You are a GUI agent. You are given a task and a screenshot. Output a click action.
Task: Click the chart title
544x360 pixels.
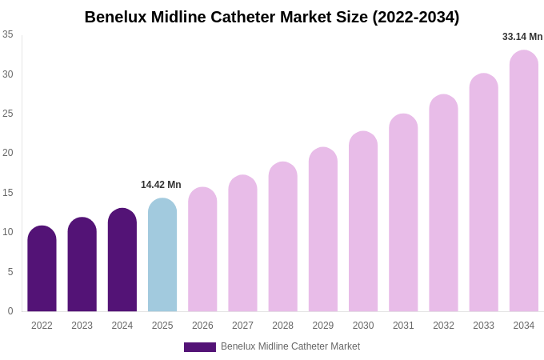tap(272, 17)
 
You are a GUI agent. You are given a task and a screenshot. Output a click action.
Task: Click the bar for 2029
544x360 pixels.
tap(323, 230)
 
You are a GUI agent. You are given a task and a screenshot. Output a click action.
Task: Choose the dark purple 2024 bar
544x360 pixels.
tap(122, 260)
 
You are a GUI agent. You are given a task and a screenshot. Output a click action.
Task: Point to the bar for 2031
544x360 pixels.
tap(403, 213)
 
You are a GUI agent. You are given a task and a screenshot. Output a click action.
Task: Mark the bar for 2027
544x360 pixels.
tap(242, 243)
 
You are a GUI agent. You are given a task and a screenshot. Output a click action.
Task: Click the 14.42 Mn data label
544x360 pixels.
tap(161, 185)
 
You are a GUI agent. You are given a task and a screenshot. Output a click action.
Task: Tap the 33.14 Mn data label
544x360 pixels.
tap(522, 37)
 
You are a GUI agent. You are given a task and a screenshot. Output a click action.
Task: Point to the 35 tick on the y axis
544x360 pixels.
tap(8, 34)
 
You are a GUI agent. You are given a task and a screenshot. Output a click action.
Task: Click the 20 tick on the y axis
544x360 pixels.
tap(8, 153)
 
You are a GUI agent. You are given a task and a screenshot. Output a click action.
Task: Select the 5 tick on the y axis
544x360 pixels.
tap(10, 272)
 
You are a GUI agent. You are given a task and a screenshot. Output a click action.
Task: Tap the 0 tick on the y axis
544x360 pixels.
tap(10, 311)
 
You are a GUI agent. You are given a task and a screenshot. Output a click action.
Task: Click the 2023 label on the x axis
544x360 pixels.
tap(82, 326)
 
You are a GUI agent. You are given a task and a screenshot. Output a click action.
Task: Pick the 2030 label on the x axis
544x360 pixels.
tap(363, 326)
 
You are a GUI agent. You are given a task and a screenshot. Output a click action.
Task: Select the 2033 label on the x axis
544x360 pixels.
tap(483, 326)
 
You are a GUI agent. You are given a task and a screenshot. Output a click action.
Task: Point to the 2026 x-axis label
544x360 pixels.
tap(202, 326)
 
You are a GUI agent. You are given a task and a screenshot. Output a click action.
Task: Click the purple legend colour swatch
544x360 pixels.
tap(200, 347)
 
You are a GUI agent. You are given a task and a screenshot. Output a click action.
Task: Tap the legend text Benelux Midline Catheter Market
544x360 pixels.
tap(290, 346)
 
